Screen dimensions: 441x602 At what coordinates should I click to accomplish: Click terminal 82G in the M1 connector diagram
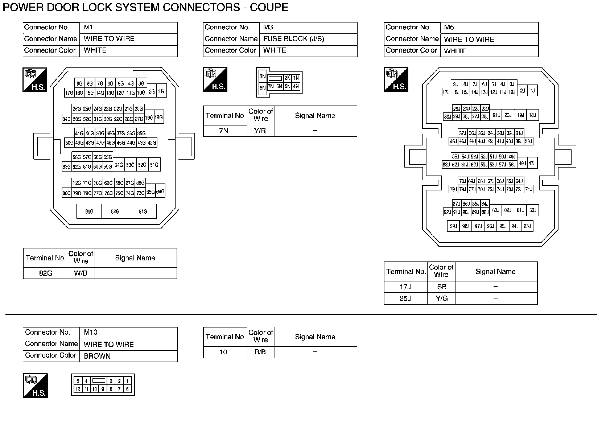pos(115,211)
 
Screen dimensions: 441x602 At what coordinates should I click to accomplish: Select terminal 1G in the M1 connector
pos(161,91)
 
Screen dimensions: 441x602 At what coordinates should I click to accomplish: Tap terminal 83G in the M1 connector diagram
pos(89,211)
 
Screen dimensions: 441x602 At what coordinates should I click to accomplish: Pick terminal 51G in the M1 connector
pos(154,165)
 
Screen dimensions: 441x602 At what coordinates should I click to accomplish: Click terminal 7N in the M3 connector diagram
pos(271,87)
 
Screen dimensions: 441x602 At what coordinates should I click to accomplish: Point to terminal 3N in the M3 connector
pos(263,77)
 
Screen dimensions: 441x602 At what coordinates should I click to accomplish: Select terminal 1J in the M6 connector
pos(532,91)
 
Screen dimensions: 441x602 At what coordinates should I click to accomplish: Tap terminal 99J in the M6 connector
pos(453,226)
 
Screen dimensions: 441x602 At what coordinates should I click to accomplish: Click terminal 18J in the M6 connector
pos(532,115)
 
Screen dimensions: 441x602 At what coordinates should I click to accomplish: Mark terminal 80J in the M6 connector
pos(532,210)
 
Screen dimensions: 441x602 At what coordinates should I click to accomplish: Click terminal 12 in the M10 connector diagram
pos(78,389)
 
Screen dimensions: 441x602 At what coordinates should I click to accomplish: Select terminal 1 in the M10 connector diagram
pos(127,381)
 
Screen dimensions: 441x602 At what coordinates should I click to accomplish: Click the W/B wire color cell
pos(81,273)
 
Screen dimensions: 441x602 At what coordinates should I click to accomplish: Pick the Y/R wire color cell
pos(260,131)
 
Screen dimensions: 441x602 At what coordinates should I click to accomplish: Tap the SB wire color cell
pos(441,287)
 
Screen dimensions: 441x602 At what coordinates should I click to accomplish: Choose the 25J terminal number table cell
pos(405,298)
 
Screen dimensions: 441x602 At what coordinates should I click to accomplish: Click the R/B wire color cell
pos(260,352)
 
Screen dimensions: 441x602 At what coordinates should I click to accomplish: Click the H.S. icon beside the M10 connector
pos(36,386)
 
